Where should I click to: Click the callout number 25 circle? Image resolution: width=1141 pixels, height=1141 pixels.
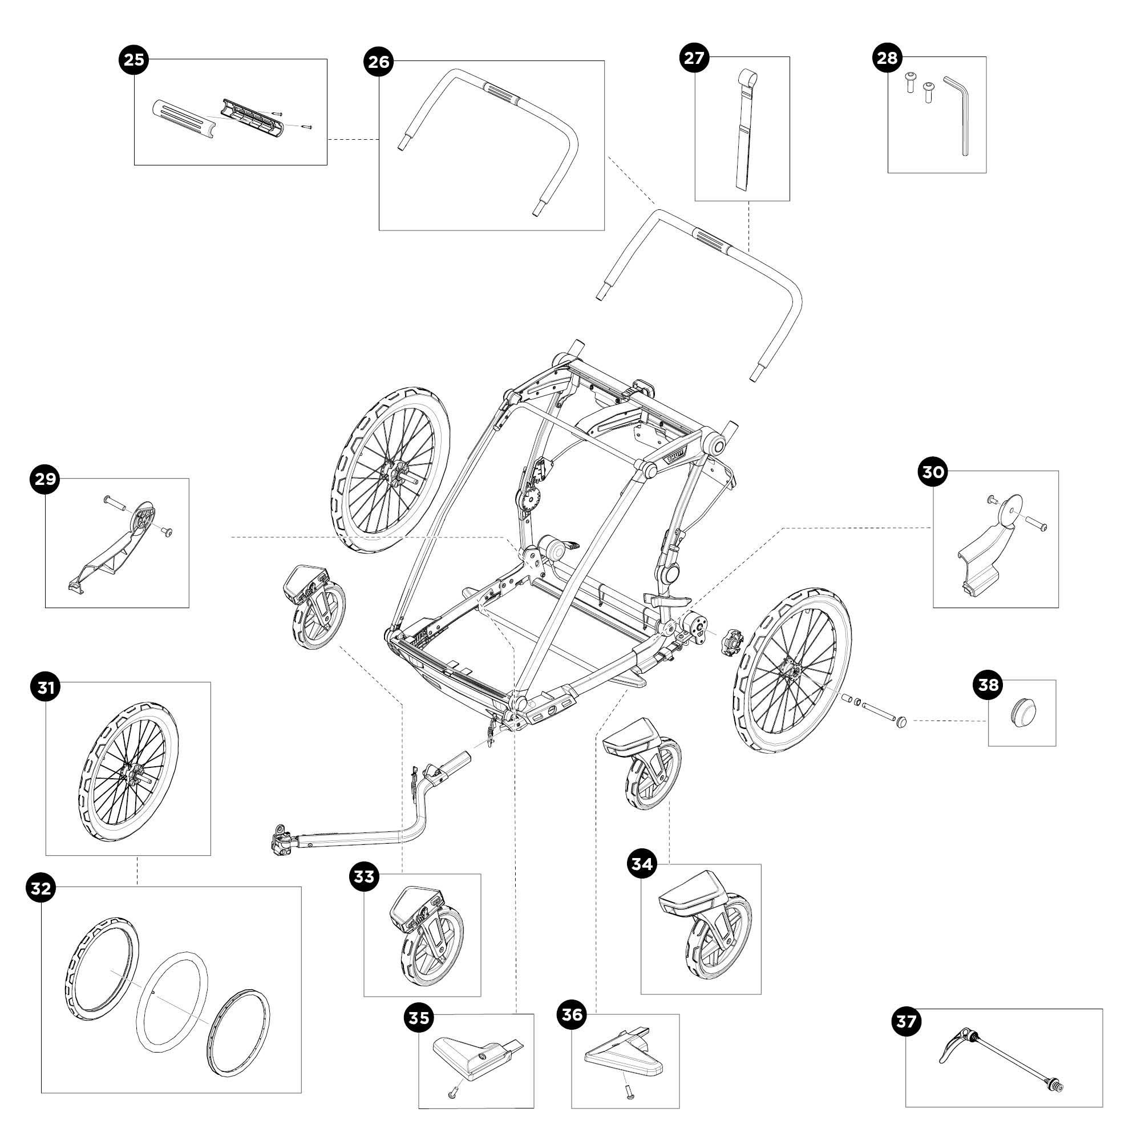tap(133, 60)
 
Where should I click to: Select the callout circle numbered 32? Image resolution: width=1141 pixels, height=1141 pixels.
tap(41, 888)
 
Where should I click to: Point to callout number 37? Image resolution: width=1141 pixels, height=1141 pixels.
tap(905, 1021)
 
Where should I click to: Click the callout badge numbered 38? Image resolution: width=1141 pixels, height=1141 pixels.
tap(988, 685)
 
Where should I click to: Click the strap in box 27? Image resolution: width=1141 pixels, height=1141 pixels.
tap(744, 136)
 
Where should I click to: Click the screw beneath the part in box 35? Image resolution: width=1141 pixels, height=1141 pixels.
tap(453, 1093)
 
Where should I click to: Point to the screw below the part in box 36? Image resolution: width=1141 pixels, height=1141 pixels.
tap(626, 1093)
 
